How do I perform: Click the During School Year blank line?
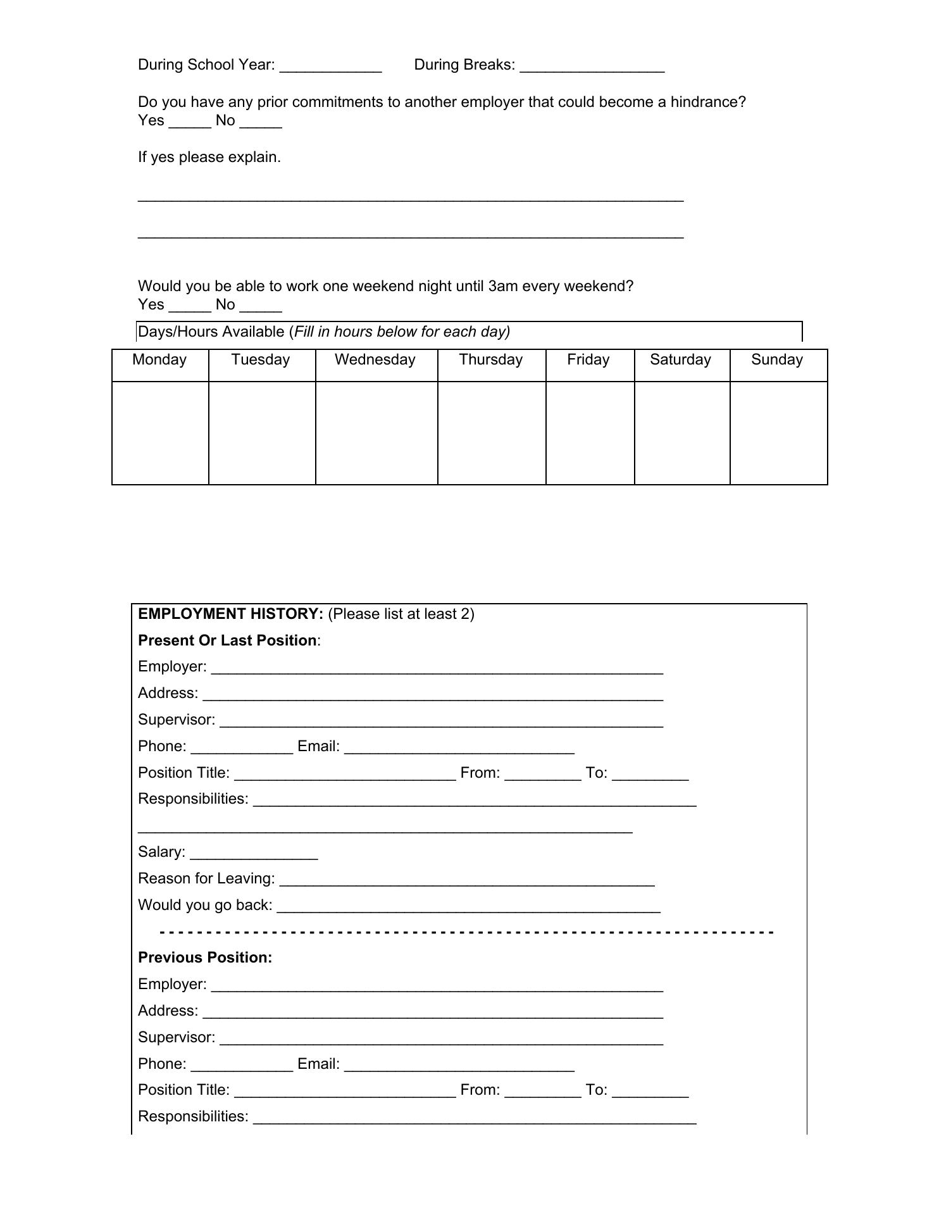[x=330, y=68]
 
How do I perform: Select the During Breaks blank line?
[x=592, y=68]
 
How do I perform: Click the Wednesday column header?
[x=375, y=360]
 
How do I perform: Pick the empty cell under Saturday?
[x=681, y=433]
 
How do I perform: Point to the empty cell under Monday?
[x=160, y=433]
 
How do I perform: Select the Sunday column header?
[x=777, y=360]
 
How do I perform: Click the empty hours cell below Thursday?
[x=491, y=433]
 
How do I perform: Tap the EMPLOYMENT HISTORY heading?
[x=230, y=614]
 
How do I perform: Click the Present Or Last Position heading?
[x=228, y=640]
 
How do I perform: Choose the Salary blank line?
[x=254, y=856]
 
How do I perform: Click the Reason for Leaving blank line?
[x=466, y=882]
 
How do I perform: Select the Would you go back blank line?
[x=468, y=909]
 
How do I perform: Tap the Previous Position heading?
[x=205, y=957]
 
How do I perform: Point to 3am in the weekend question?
[x=502, y=286]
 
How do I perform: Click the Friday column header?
[x=588, y=360]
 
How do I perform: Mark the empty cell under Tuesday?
[x=261, y=433]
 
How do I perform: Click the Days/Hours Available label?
[x=211, y=332]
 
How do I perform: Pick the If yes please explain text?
[x=209, y=157]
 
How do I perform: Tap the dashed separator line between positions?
[x=467, y=932]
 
